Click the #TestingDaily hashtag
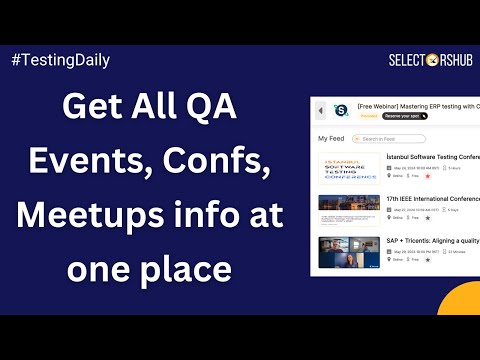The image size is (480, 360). coord(59,60)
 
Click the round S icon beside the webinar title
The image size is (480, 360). coord(340,109)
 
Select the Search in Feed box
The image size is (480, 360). coord(391,138)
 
